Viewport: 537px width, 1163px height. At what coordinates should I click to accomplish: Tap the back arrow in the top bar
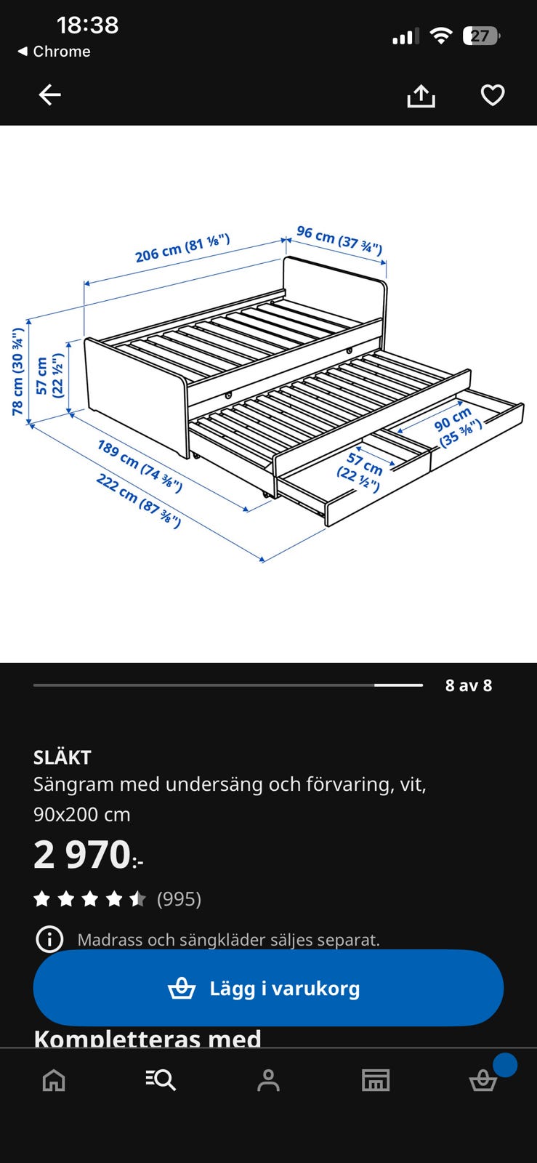coord(50,95)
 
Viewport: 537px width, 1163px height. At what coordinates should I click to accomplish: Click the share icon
coord(421,95)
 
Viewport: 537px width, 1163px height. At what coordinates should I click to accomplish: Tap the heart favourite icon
coord(493,95)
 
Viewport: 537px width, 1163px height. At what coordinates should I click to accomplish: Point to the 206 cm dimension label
coord(182,248)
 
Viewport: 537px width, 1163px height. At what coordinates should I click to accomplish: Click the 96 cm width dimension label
coord(339,240)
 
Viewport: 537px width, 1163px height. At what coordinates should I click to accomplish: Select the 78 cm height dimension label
coord(17,371)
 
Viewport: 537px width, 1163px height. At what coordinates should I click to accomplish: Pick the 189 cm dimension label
coord(140,466)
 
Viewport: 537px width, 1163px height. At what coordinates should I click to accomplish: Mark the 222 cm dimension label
coord(139,501)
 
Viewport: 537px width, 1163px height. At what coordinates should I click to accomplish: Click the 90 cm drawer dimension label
coord(458,426)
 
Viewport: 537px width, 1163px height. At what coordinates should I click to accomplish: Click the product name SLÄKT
coord(62,757)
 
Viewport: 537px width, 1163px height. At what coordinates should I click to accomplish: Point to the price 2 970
coord(88,855)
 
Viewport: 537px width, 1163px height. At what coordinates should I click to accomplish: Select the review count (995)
coord(179,898)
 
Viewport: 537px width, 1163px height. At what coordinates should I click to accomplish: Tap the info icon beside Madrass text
coord(49,939)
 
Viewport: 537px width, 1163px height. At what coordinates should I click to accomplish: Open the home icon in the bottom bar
coord(54,1080)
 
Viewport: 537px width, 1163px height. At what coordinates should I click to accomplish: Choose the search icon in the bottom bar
coord(161,1080)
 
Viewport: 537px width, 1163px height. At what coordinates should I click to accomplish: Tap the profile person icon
coord(268,1080)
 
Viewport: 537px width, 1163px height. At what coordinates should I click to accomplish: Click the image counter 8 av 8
coord(469,685)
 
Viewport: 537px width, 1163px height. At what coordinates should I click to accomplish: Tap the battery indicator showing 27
coord(481,36)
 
